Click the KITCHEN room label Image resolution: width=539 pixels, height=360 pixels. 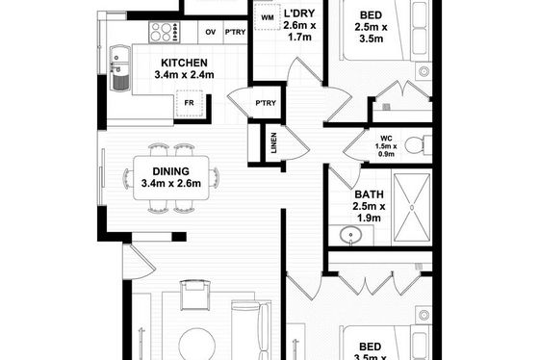[x=184, y=63]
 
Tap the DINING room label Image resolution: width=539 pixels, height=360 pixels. [x=171, y=171]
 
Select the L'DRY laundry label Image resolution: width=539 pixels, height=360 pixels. [x=299, y=13]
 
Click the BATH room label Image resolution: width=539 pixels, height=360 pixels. [x=369, y=194]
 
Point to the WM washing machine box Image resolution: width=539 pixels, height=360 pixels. [x=268, y=17]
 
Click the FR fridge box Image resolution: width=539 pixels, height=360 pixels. [x=189, y=103]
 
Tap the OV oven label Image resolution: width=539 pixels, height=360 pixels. [x=211, y=32]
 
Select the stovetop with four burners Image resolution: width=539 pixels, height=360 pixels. [x=165, y=33]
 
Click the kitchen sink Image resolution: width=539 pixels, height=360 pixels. [x=120, y=68]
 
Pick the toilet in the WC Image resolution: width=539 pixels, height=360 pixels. [x=418, y=144]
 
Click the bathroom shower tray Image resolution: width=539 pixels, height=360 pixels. [x=412, y=207]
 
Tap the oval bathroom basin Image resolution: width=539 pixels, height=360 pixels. [x=350, y=235]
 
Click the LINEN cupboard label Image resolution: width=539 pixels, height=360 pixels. [x=273, y=142]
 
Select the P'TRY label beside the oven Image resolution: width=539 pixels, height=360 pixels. [x=235, y=32]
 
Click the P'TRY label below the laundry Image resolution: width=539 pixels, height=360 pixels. [x=266, y=103]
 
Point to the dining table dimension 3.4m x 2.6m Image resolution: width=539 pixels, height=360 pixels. [x=171, y=183]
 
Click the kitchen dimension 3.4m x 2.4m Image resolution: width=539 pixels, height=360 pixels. [x=184, y=75]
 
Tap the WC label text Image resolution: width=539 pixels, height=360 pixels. [x=386, y=139]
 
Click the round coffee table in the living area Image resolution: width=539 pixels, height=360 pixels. [x=197, y=345]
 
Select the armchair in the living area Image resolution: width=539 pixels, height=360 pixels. [x=194, y=295]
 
